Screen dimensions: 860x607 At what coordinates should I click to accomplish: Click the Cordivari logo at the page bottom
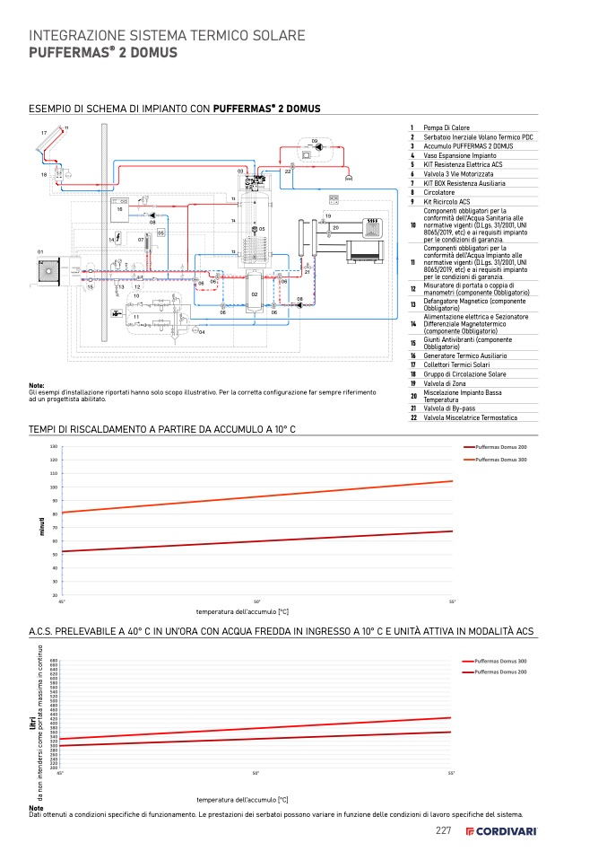[501, 831]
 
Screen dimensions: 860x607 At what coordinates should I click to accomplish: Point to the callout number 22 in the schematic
[288, 171]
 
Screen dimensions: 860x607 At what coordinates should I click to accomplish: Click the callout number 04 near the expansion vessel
[203, 332]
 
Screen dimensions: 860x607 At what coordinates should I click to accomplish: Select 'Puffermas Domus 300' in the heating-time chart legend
[501, 460]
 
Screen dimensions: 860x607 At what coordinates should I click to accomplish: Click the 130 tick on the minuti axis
[54, 446]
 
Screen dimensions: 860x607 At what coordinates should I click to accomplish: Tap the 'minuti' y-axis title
[42, 527]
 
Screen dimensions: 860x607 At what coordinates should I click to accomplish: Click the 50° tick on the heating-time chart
[256, 601]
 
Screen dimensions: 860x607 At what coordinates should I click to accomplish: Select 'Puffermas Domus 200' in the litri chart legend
[500, 671]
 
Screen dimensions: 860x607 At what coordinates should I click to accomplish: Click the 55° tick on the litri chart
[451, 773]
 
